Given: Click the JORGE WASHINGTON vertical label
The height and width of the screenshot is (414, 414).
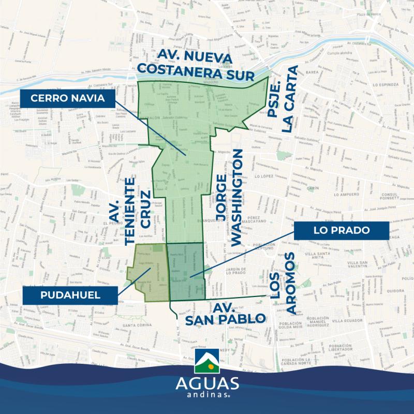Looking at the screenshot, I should point(229,197).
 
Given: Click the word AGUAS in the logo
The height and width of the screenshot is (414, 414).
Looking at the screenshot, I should point(207,384).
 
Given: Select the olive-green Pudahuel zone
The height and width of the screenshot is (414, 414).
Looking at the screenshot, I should point(151,273).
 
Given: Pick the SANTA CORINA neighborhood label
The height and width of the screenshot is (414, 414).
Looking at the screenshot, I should point(129,326).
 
